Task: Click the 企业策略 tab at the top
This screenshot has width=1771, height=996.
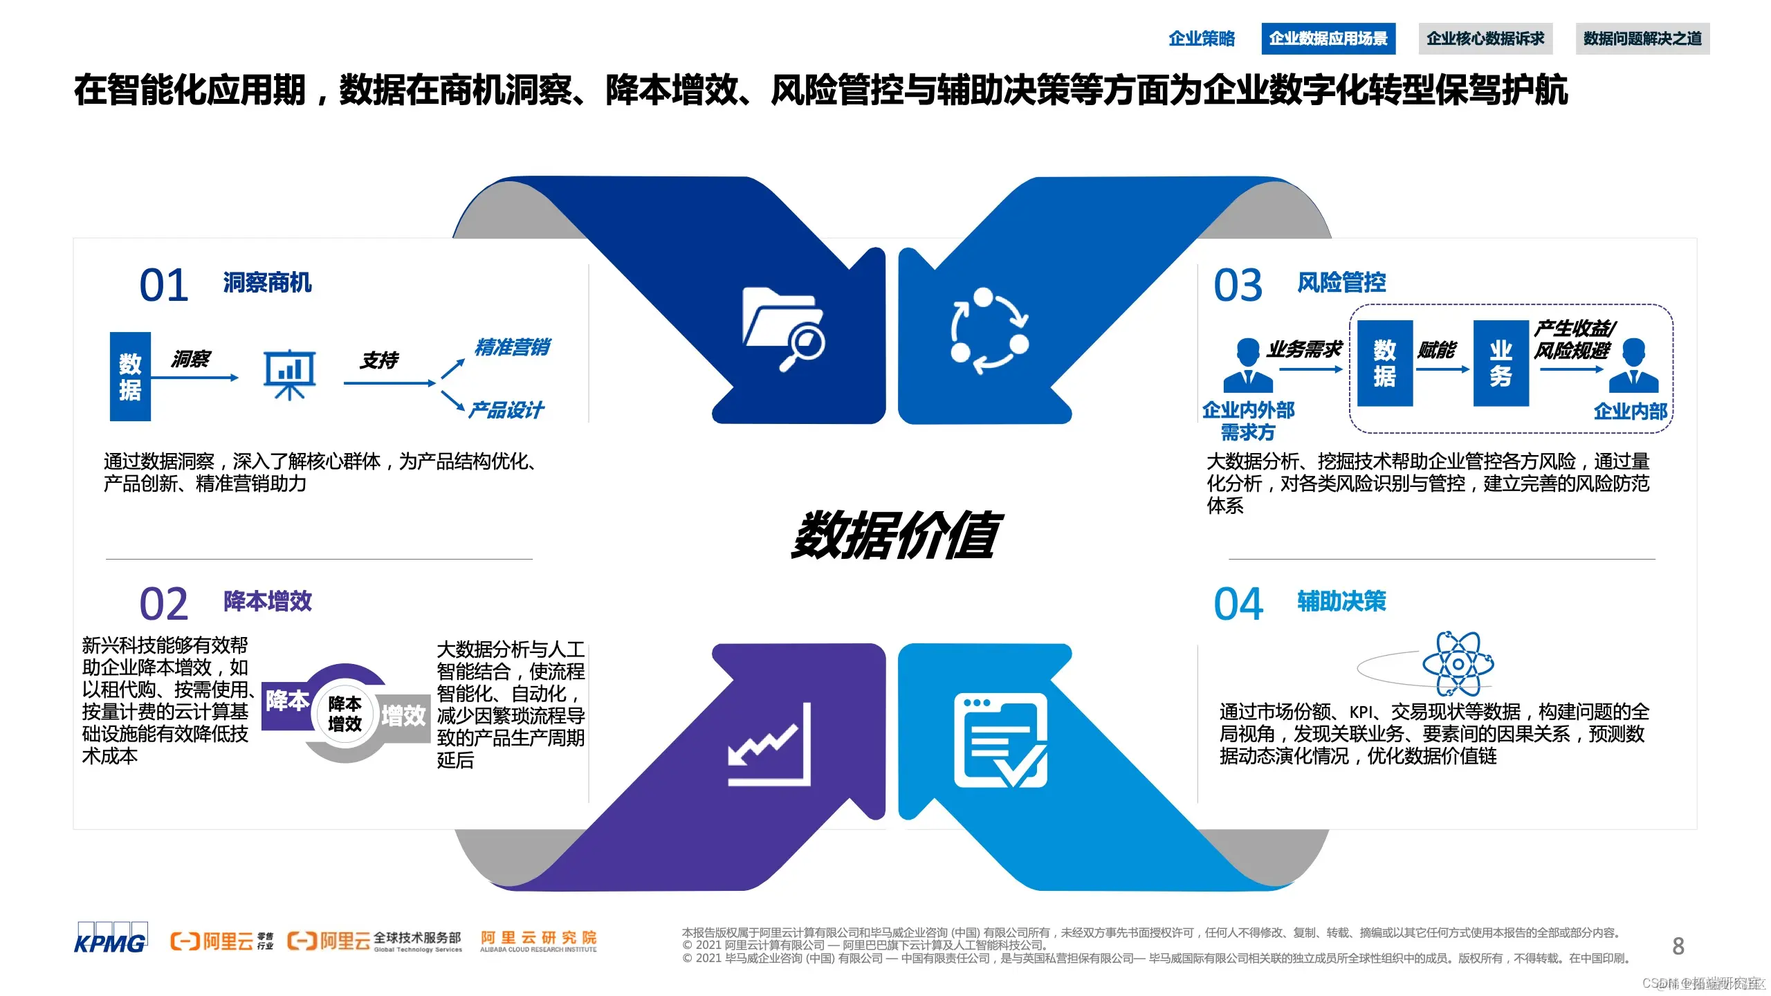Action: click(x=1201, y=39)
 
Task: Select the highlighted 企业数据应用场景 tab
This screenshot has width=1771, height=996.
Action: click(x=1328, y=39)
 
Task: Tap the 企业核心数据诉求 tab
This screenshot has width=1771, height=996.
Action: click(x=1485, y=39)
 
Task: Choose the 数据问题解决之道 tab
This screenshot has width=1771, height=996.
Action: click(x=1642, y=39)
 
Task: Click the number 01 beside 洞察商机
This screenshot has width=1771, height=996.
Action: click(x=164, y=285)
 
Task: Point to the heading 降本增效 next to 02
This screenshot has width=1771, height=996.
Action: click(x=268, y=601)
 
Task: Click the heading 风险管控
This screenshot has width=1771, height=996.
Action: click(x=1341, y=282)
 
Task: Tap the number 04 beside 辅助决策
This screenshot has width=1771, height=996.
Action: click(x=1238, y=604)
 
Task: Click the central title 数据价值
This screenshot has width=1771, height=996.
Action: click(x=894, y=535)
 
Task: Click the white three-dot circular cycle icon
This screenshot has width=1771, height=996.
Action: click(x=989, y=331)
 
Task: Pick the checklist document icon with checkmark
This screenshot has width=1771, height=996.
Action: click(x=1000, y=740)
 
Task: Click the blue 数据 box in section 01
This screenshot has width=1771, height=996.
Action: click(x=130, y=376)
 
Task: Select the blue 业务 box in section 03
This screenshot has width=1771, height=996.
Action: click(x=1501, y=363)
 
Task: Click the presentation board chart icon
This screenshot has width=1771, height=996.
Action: click(x=290, y=374)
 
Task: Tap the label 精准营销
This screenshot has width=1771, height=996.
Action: click(x=512, y=347)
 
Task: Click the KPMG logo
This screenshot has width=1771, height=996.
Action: click(x=111, y=939)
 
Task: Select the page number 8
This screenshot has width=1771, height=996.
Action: click(x=1678, y=946)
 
